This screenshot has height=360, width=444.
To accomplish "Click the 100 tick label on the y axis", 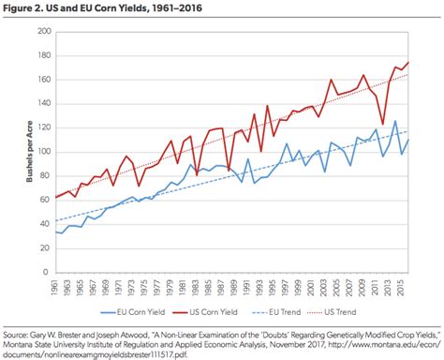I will (x=43, y=152).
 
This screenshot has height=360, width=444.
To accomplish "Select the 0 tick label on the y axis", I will (x=47, y=272).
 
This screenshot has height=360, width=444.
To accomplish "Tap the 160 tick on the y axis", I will (x=43, y=80).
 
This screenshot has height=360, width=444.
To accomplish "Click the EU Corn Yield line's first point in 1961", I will (x=57, y=232).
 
